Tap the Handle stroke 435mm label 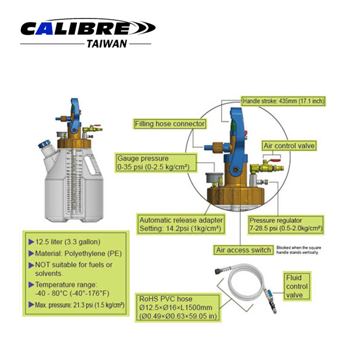tap(283, 101)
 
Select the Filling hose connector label tap(170, 123)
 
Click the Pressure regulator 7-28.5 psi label tap(286, 224)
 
